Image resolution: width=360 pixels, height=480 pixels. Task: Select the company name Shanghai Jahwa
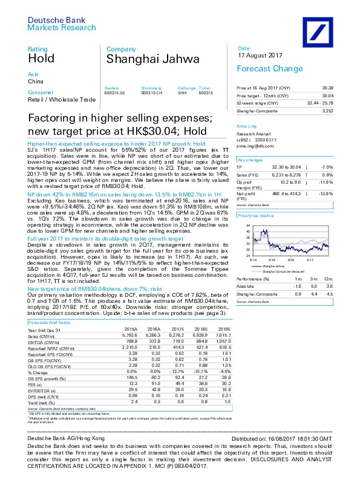pyautogui.click(x=141, y=59)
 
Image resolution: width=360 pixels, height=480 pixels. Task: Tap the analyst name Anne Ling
pyautogui.click(x=246, y=126)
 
